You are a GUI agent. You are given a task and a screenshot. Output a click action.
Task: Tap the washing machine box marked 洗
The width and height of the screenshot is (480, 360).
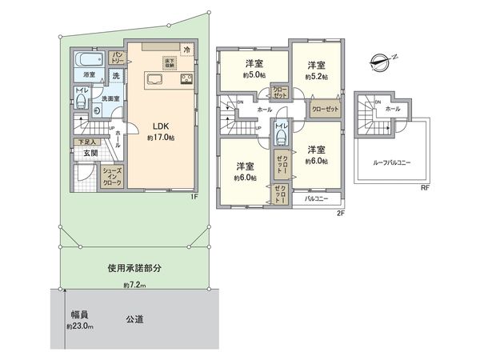tap(116, 75)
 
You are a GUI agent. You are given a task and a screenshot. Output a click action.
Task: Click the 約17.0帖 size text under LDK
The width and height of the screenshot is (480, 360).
tap(160, 138)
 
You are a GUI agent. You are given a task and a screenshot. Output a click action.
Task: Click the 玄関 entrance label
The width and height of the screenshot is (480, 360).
tap(87, 153)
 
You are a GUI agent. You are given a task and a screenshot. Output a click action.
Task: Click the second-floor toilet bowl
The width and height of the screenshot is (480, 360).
tap(281, 136)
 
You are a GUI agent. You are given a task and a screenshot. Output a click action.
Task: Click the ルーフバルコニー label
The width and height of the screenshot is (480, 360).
tap(391, 162)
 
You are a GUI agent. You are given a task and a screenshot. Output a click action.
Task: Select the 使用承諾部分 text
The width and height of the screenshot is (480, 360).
tap(134, 269)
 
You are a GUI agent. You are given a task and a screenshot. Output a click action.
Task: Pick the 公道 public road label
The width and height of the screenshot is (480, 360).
tap(134, 319)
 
